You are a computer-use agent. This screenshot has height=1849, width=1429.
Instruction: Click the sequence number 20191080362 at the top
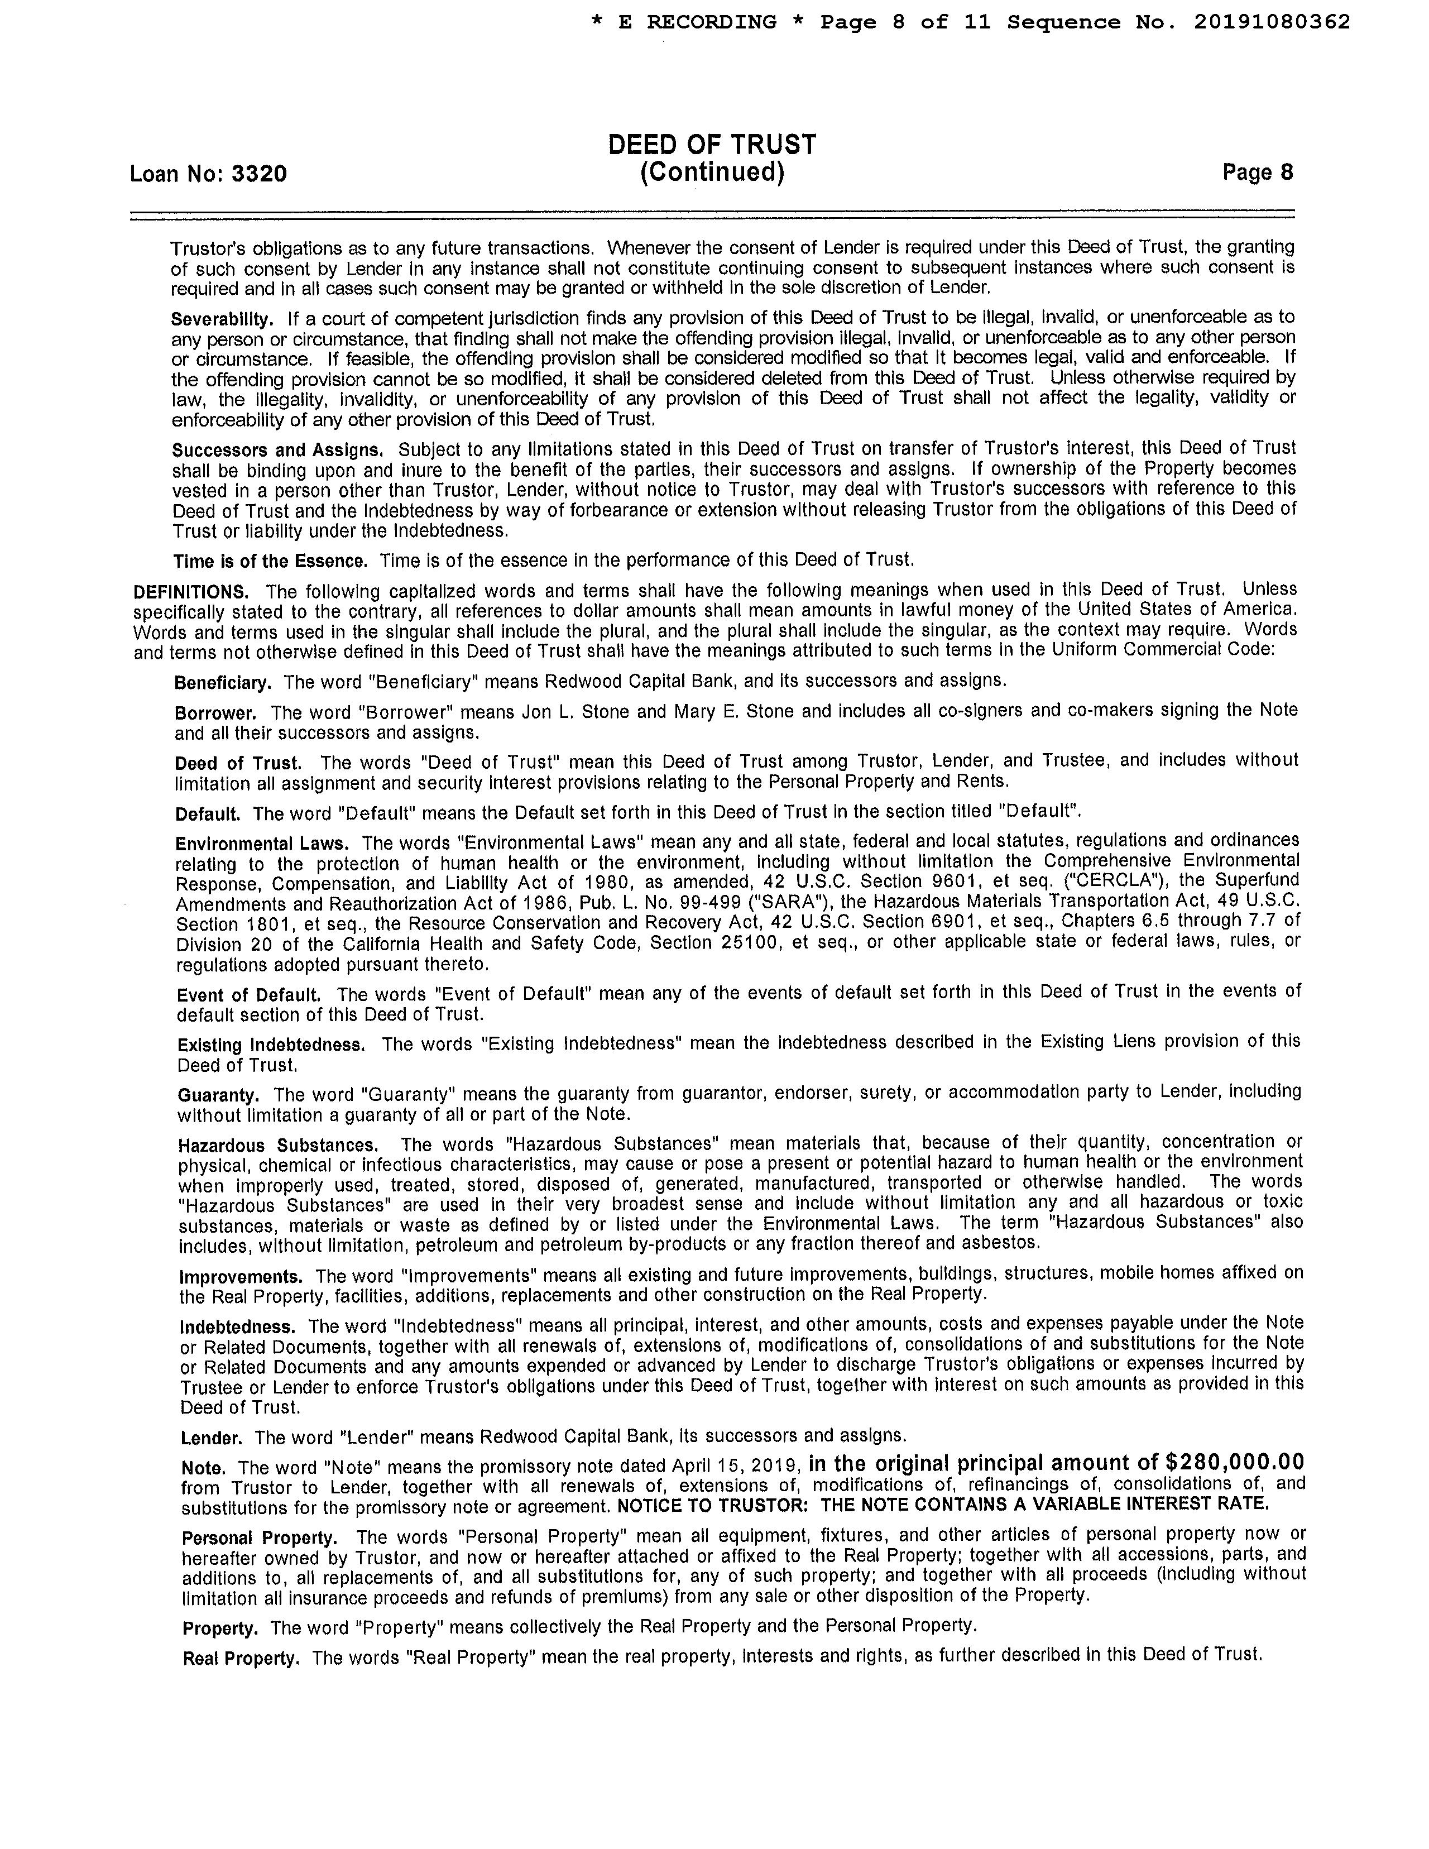pyautogui.click(x=1272, y=23)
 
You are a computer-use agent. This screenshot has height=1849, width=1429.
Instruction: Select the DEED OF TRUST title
pyautogui.click(x=712, y=145)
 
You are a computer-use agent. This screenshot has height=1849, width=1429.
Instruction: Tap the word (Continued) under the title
pyautogui.click(x=712, y=173)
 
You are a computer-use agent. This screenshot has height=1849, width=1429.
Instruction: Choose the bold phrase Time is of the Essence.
pyautogui.click(x=271, y=561)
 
